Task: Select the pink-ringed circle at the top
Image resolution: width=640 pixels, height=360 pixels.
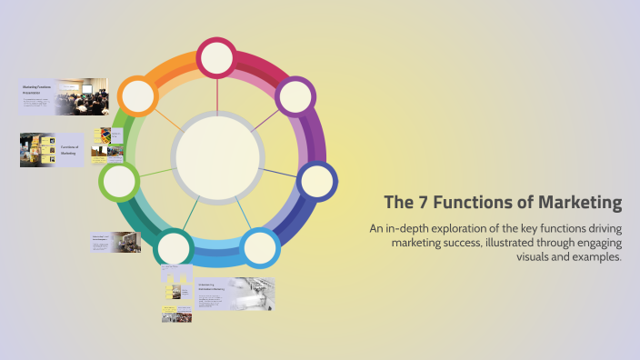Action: (217, 59)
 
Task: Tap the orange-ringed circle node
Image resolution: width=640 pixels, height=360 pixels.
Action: (139, 95)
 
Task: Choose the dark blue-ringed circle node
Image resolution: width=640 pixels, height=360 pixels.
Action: (317, 182)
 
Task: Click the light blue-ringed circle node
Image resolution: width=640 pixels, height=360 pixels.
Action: (260, 247)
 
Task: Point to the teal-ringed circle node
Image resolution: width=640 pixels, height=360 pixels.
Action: (175, 247)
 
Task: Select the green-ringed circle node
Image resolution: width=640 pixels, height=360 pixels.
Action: (119, 181)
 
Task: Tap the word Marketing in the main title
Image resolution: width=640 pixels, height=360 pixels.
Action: (578, 202)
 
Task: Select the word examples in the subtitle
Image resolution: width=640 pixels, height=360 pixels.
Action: (591, 257)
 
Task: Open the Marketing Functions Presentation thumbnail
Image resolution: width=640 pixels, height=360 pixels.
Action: (64, 95)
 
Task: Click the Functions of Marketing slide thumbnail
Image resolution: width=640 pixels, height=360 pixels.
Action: (53, 149)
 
